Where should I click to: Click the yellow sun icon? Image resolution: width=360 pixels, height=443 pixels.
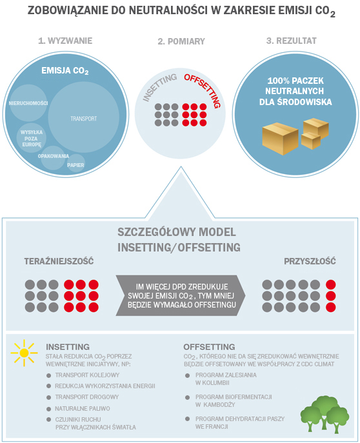pos(24,353)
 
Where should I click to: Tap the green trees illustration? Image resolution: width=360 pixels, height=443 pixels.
pos(325,415)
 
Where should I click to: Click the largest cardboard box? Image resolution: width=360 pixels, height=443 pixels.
pos(280,139)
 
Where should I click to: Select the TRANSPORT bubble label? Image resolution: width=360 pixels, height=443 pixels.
pos(84,119)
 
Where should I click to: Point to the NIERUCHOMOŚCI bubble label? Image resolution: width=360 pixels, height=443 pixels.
pos(28,103)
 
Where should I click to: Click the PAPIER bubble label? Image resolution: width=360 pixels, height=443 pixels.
pos(75,165)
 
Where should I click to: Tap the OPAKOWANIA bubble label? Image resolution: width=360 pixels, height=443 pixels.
pos(54,156)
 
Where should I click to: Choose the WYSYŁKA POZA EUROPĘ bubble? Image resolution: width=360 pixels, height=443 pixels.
pos(31,138)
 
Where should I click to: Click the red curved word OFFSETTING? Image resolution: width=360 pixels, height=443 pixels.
pos(203,90)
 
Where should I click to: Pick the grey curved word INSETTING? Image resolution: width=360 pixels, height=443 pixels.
pos(159,87)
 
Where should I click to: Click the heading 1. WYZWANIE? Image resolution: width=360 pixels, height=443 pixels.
pos(65,41)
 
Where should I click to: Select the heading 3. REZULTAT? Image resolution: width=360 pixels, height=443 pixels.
pos(292,41)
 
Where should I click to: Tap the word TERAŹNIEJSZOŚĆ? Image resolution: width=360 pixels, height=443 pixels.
pos(59,261)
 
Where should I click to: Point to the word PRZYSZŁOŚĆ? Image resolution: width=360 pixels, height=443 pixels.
pos(310,261)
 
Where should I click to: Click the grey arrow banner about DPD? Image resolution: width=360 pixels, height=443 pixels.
pos(181,295)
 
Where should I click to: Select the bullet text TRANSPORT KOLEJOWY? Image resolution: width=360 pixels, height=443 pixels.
pos(87,375)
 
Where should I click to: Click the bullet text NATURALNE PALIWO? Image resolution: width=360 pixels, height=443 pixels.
pos(83,409)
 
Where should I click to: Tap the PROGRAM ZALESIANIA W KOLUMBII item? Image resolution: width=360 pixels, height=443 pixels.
pos(226,379)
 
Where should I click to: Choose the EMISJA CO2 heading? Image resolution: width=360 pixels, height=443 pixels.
pos(65,71)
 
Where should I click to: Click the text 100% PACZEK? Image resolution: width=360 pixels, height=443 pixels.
pos(295,81)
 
